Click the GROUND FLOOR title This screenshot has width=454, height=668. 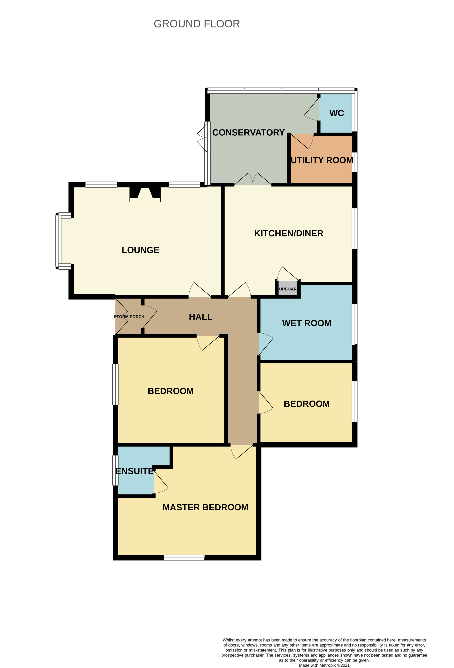pos(197,24)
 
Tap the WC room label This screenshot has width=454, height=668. pos(336,113)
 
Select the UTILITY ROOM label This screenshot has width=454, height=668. pos(322,160)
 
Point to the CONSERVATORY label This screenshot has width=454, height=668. pos(248,132)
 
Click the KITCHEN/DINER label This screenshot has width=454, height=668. pos(288,233)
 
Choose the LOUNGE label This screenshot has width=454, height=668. pos(140,250)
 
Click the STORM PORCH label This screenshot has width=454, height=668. pos(129,317)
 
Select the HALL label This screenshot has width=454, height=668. pos(200,317)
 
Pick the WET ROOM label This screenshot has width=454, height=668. pos(307,323)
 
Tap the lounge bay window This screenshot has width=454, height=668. pos(58,241)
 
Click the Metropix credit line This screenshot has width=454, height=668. pos(324,665)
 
